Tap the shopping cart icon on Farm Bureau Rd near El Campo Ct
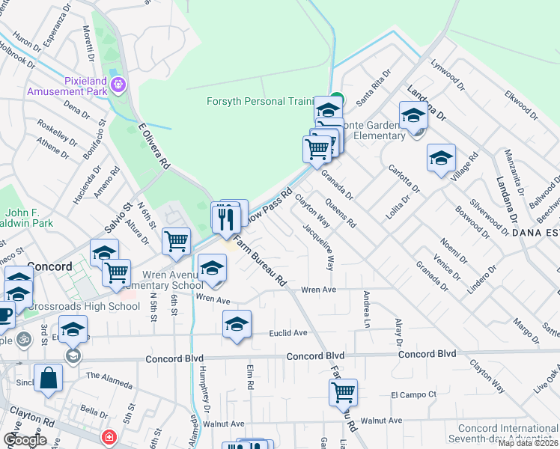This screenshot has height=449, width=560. pyautogui.click(x=343, y=391)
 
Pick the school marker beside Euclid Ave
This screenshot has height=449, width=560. pyautogui.click(x=237, y=326)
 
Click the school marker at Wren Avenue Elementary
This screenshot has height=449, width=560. pyautogui.click(x=213, y=268)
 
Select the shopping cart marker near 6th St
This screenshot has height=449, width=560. pyautogui.click(x=176, y=242)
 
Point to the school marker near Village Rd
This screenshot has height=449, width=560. pyautogui.click(x=442, y=159)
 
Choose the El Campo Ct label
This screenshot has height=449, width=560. pyautogui.click(x=413, y=394)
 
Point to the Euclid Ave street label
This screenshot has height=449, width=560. pyautogui.click(x=288, y=333)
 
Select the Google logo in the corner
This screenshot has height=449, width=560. pyautogui.click(x=25, y=440)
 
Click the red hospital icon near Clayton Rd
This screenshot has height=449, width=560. pyautogui.click(x=109, y=436)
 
